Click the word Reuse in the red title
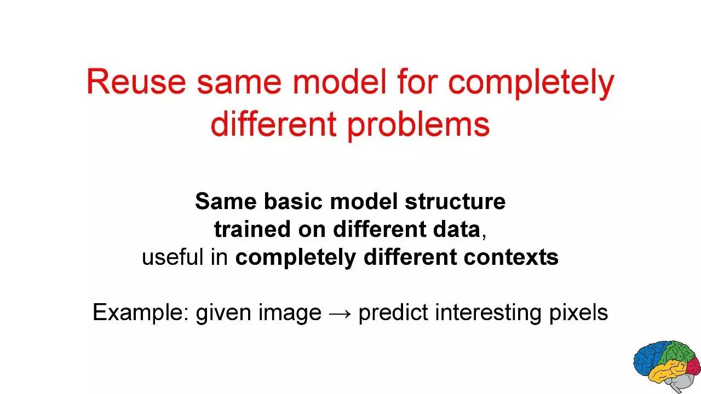[x=136, y=82]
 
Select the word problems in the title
[x=418, y=125]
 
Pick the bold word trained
[x=252, y=229]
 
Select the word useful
[x=173, y=257]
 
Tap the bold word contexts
[x=511, y=258]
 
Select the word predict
[x=393, y=312]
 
